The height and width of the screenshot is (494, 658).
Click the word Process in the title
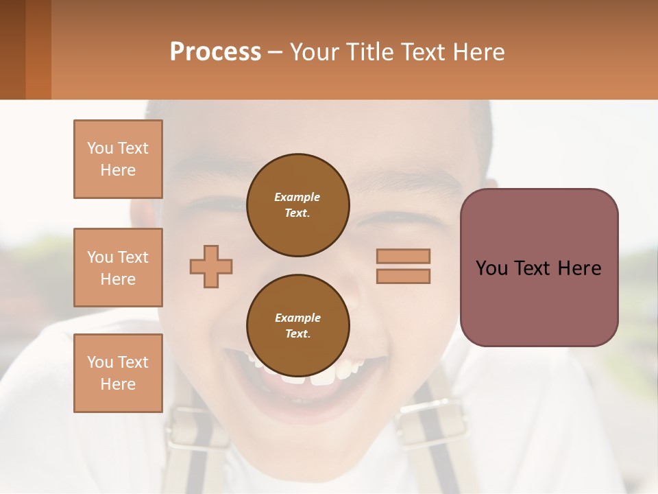(215, 52)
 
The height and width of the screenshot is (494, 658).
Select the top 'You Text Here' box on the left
(118, 159)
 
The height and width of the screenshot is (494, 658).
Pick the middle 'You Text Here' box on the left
(118, 268)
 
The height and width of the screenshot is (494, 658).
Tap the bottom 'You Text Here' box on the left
(118, 373)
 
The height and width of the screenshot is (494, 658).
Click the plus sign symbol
(211, 266)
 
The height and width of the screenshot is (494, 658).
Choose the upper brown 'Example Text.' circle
(298, 204)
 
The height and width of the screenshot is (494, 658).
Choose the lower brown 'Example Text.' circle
(298, 325)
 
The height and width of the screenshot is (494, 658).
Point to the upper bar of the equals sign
(403, 256)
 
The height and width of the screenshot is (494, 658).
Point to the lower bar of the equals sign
(403, 276)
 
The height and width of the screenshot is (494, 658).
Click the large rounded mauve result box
(539, 268)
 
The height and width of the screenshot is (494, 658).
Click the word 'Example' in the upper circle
(297, 197)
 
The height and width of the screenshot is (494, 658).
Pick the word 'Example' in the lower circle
(297, 318)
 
